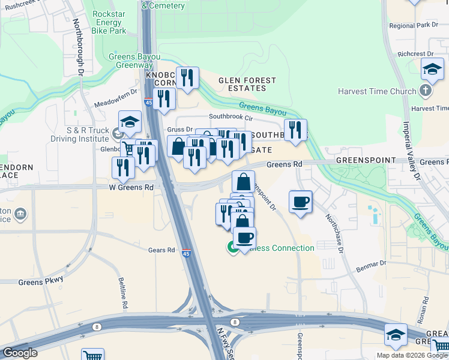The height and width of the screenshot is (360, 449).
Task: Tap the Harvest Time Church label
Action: tap(377, 92)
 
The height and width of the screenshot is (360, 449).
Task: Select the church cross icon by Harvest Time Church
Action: tap(426, 91)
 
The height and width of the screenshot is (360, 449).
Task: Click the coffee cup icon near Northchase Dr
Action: tap(300, 202)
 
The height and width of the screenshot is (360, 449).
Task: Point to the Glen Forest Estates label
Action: tap(247, 84)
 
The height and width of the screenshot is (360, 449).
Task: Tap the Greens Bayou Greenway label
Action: tap(134, 61)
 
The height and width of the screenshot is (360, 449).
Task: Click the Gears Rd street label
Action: tap(163, 250)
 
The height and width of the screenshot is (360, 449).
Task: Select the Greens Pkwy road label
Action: tap(40, 281)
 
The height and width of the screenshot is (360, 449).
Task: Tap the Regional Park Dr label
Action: tap(414, 25)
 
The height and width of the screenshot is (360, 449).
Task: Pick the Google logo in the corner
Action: tap(20, 353)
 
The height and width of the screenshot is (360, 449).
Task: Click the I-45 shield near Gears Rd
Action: tap(187, 254)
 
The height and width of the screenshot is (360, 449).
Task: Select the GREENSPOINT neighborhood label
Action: tap(366, 161)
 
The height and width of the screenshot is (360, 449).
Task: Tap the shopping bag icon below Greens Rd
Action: tap(243, 181)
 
